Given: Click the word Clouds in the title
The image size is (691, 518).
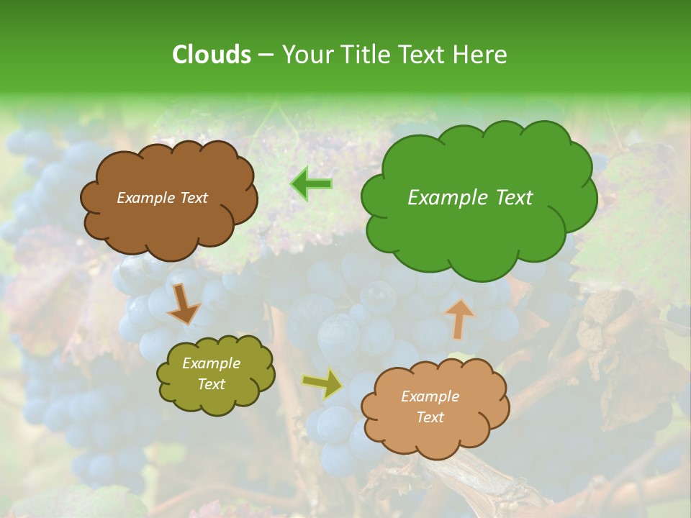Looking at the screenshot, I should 212,55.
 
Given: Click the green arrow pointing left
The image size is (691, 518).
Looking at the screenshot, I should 311,183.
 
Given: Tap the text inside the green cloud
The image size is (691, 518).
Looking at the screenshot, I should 470,198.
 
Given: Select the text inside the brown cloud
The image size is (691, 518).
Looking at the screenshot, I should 162,198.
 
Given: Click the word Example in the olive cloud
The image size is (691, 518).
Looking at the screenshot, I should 211,363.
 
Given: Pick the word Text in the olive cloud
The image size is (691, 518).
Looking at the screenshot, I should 211,384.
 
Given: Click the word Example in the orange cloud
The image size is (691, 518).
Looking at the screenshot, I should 430,396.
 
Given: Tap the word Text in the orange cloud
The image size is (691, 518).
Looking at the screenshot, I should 430,417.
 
